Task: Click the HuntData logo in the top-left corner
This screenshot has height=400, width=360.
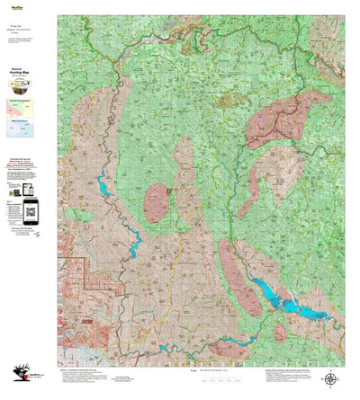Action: [15, 4]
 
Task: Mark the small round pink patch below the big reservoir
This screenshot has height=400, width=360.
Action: [280, 333]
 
